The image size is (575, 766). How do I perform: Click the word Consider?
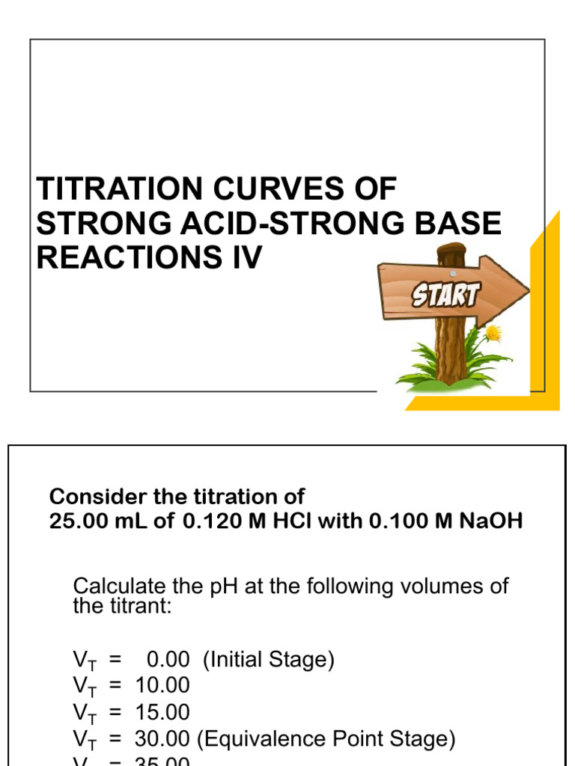point(95,497)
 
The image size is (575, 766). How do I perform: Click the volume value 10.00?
point(162,685)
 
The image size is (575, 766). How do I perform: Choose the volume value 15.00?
point(162,712)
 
